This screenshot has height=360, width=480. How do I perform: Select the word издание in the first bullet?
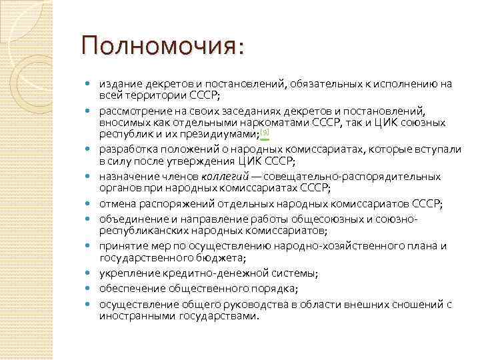pos(118,84)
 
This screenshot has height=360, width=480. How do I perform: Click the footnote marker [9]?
pos(265,132)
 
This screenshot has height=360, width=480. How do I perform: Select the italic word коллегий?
pos(224,177)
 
